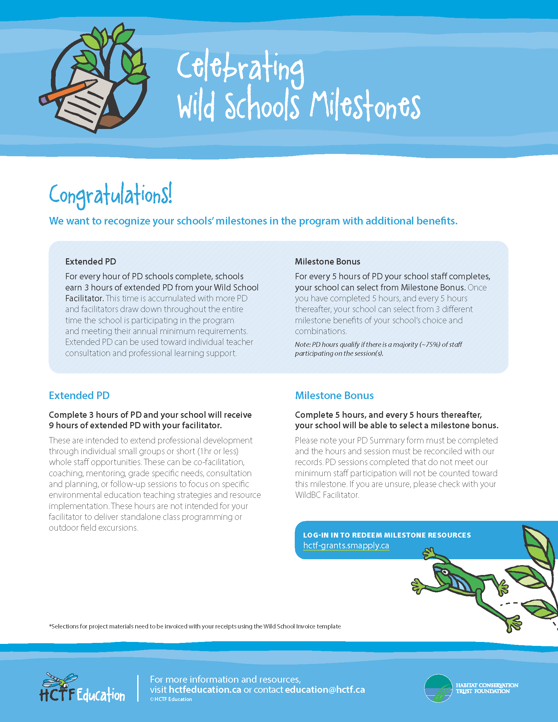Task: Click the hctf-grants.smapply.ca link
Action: click(x=346, y=545)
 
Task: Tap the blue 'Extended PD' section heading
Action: click(x=79, y=395)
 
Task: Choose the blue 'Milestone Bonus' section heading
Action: click(x=334, y=395)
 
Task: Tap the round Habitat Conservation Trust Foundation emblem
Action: click(x=438, y=688)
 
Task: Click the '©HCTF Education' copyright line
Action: click(x=171, y=699)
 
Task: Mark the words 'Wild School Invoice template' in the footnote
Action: click(x=302, y=626)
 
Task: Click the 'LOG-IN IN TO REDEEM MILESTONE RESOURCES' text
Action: click(x=387, y=535)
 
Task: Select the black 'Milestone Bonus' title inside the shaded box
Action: click(x=327, y=262)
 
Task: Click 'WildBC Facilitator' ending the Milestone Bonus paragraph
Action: click(x=327, y=495)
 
